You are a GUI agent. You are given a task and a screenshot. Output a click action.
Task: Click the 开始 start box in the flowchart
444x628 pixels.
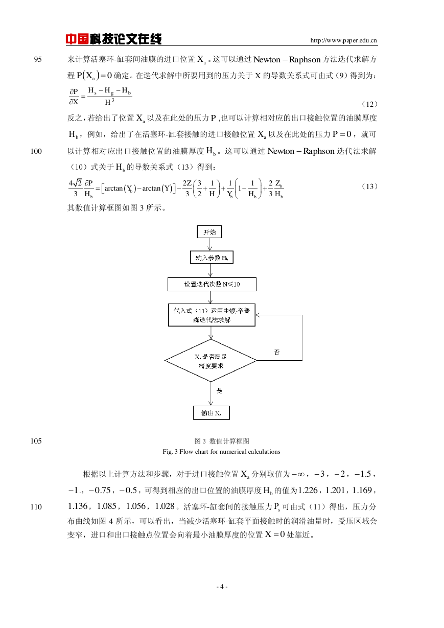pos(209,231)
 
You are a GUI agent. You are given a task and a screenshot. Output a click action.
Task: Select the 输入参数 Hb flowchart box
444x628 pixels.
pos(212,258)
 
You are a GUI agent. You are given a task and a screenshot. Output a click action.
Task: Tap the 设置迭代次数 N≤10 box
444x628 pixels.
pos(212,284)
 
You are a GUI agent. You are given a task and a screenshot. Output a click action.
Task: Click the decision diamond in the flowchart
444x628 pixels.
pos(211,361)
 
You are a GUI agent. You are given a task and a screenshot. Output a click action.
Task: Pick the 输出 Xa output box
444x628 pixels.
pos(212,413)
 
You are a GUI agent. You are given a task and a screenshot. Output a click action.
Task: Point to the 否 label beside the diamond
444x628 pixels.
pos(276,352)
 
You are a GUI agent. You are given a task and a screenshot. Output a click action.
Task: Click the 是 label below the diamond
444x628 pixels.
pos(220,390)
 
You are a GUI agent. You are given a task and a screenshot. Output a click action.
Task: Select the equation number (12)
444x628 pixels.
pos(369,104)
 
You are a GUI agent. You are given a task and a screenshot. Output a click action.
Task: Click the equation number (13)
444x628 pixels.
pos(369,187)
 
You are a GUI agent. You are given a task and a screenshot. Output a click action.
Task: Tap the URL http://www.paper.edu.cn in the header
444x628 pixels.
pos(343,40)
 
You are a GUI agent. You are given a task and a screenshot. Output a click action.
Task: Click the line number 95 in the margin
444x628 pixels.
pos(38,59)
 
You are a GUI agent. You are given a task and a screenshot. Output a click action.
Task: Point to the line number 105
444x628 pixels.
pos(36,441)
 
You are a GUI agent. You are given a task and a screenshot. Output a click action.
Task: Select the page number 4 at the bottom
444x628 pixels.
pos(222,587)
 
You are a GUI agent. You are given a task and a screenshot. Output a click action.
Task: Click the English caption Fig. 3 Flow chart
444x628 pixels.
pos(221,452)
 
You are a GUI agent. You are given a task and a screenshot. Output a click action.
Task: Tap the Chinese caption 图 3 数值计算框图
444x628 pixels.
pos(222,441)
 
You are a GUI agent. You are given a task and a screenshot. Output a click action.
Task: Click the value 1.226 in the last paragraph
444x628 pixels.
pos(308,491)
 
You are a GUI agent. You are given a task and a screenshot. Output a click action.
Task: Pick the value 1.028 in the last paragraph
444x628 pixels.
pos(165,506)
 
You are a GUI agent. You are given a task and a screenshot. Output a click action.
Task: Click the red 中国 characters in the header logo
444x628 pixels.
pos(77,39)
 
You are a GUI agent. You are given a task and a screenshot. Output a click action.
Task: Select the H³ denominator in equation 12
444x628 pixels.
pos(109,102)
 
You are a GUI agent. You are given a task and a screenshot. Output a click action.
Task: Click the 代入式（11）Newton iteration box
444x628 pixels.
pos(212,315)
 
